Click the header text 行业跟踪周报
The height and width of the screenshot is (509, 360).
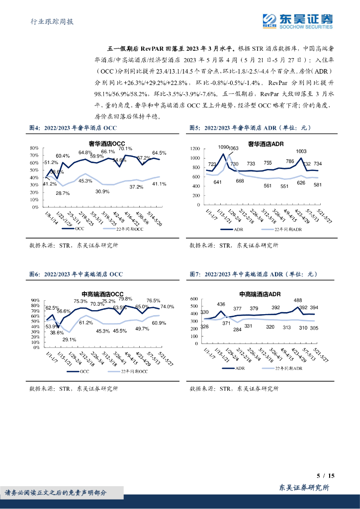[49, 21]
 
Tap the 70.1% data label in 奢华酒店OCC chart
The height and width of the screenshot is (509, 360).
[125, 149]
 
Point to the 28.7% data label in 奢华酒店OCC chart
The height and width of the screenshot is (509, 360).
[63, 193]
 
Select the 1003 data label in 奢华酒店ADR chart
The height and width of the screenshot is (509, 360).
[301, 151]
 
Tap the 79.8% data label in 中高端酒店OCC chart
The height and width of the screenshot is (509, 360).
[125, 299]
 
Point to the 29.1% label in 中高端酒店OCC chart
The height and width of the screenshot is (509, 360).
[69, 339]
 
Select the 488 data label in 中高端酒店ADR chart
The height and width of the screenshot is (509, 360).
[298, 300]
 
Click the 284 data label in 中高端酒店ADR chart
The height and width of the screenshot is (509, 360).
[237, 330]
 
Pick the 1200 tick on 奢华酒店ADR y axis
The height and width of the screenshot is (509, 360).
[195, 149]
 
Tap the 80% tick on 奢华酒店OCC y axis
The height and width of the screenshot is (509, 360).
[34, 148]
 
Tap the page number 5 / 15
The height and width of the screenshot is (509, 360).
[326, 476]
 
